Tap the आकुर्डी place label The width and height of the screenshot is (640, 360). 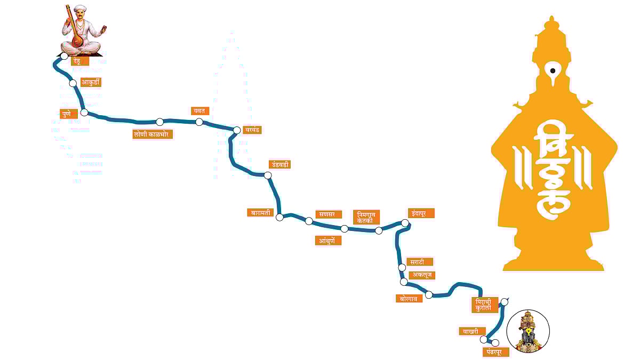91,82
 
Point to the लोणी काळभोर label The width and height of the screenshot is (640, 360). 153,134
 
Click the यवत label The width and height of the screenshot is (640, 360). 201,111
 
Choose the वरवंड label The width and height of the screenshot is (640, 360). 252,130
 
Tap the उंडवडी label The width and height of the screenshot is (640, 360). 279,164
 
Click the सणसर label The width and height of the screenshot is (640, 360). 327,214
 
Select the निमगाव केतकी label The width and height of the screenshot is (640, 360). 367,217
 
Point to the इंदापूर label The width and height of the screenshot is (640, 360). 420,213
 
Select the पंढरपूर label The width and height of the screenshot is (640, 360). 495,352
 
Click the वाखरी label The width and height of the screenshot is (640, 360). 473,331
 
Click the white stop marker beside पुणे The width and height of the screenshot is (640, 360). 84,113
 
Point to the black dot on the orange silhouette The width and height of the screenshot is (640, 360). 553,70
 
